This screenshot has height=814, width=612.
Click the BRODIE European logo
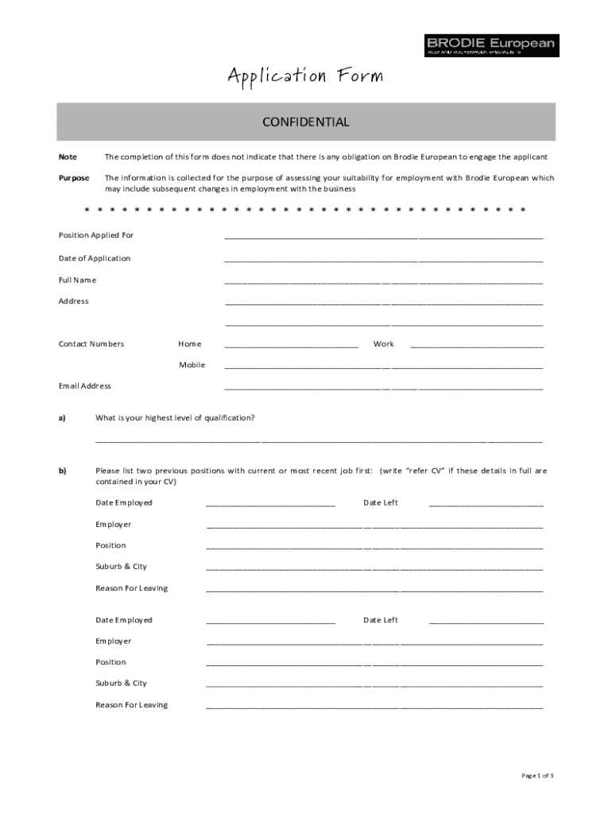(x=491, y=45)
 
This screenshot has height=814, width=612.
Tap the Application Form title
(x=305, y=76)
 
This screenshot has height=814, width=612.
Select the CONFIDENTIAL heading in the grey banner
(x=306, y=122)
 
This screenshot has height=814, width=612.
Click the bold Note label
(x=68, y=157)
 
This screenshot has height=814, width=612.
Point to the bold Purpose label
(x=74, y=178)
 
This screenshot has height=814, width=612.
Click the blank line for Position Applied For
(x=384, y=237)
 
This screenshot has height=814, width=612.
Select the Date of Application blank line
(x=384, y=260)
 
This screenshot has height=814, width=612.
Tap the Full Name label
(x=77, y=280)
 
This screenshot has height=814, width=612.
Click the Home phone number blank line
(x=292, y=346)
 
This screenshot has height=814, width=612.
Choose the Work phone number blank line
(x=477, y=346)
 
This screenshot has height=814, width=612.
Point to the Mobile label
(x=192, y=365)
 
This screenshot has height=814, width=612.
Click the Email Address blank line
(x=384, y=388)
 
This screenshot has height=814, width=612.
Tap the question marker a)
(x=61, y=417)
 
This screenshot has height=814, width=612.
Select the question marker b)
(x=61, y=471)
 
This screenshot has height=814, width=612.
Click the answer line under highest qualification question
(x=319, y=440)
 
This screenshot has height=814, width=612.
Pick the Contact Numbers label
(x=91, y=344)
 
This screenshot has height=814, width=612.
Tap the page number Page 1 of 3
(x=537, y=775)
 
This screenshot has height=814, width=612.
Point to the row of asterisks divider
(x=305, y=211)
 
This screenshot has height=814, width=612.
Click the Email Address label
(x=85, y=386)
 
